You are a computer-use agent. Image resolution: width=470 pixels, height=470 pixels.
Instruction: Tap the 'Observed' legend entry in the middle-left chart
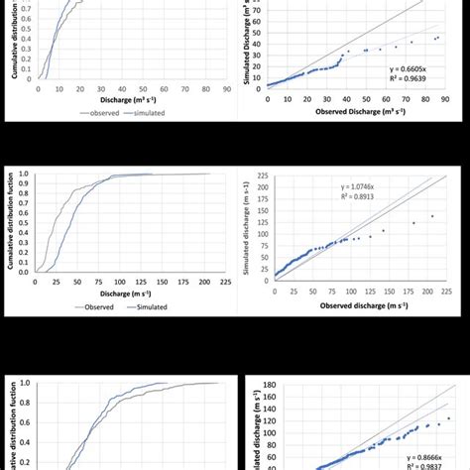click(93, 307)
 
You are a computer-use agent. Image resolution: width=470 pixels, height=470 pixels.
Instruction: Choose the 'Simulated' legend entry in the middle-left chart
click(146, 307)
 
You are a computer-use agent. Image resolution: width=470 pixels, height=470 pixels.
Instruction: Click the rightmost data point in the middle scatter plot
click(431, 216)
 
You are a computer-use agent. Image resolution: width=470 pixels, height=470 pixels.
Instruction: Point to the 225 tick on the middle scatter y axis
click(262, 175)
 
